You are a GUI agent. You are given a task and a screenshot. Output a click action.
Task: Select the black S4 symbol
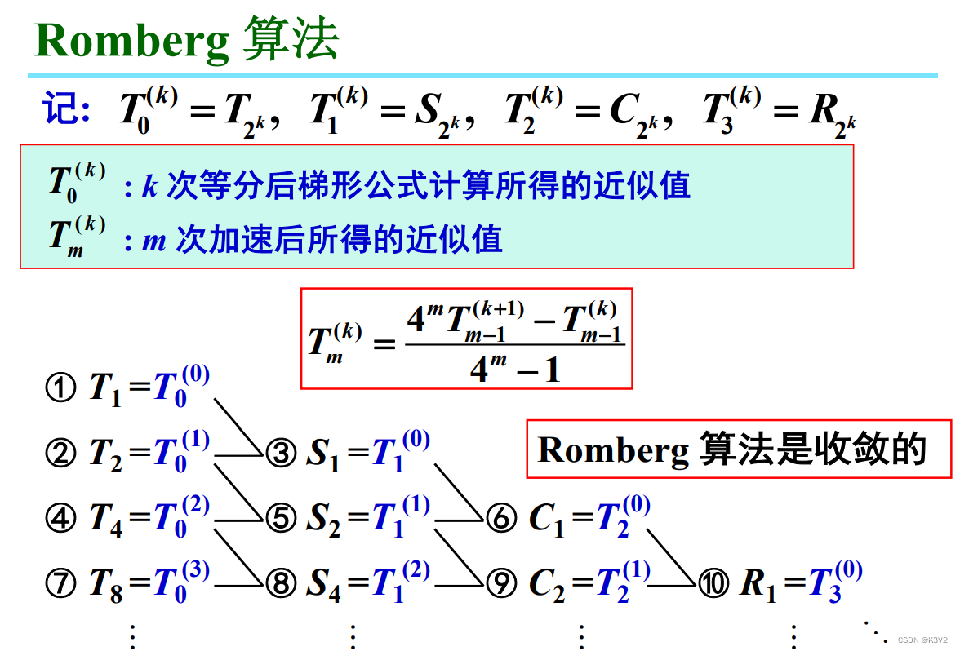[x=323, y=584]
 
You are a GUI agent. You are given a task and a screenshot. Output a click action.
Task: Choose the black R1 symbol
[x=758, y=584]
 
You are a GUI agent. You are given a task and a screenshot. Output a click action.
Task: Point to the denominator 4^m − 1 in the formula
[x=515, y=370]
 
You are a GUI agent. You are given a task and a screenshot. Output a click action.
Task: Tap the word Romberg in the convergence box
[x=613, y=449]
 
